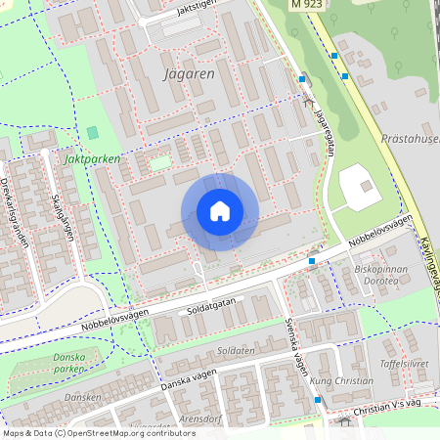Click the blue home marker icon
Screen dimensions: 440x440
(220, 211)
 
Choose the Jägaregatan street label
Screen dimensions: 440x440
(326, 126)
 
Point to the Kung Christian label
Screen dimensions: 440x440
(341, 380)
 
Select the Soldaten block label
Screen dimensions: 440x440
(236, 350)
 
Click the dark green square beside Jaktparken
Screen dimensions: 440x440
(93, 132)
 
